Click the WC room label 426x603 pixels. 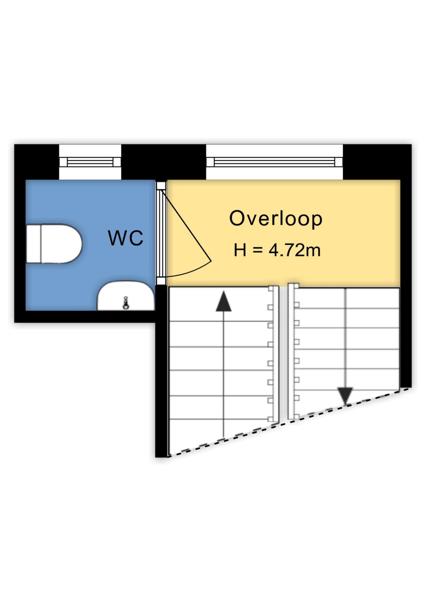click(x=125, y=238)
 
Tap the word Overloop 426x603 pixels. click(x=276, y=219)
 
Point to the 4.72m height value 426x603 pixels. click(x=295, y=250)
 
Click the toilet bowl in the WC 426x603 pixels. click(x=61, y=244)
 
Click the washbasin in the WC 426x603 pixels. click(x=126, y=296)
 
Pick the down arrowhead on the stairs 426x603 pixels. click(x=345, y=395)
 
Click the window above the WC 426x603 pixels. click(x=90, y=162)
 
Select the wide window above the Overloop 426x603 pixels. click(x=275, y=162)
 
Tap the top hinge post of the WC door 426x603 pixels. click(x=161, y=186)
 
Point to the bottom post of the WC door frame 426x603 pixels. click(x=161, y=281)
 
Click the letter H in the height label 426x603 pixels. click(x=240, y=250)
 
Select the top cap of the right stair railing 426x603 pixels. click(x=293, y=286)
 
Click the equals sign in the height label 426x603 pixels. click(x=257, y=250)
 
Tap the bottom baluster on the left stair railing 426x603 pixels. click(x=270, y=419)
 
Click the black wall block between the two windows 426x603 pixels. click(x=164, y=162)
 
